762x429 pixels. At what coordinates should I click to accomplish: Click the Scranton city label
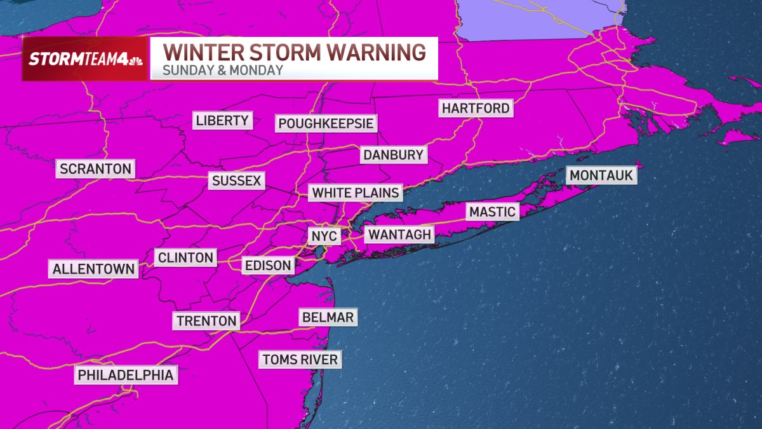(95, 169)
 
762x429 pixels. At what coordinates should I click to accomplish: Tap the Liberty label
(222, 121)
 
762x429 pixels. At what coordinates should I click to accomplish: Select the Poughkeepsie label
(326, 123)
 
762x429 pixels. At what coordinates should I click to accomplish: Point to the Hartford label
(476, 109)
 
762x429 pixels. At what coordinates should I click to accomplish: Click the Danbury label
(393, 155)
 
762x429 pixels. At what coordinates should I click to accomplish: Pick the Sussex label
(236, 181)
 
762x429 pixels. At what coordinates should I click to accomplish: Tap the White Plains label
(356, 193)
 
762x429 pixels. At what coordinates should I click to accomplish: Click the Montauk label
(601, 175)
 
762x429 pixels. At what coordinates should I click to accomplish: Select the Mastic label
(492, 212)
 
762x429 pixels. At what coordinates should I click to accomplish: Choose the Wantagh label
(399, 235)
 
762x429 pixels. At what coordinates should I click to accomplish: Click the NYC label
(324, 237)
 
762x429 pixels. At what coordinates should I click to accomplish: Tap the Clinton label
(185, 258)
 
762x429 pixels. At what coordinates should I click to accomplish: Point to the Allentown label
(93, 269)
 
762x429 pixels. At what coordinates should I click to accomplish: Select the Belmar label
(328, 317)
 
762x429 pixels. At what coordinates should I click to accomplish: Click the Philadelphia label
(125, 376)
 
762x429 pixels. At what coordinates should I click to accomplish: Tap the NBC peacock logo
(135, 59)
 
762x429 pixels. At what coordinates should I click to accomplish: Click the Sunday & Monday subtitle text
(222, 71)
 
